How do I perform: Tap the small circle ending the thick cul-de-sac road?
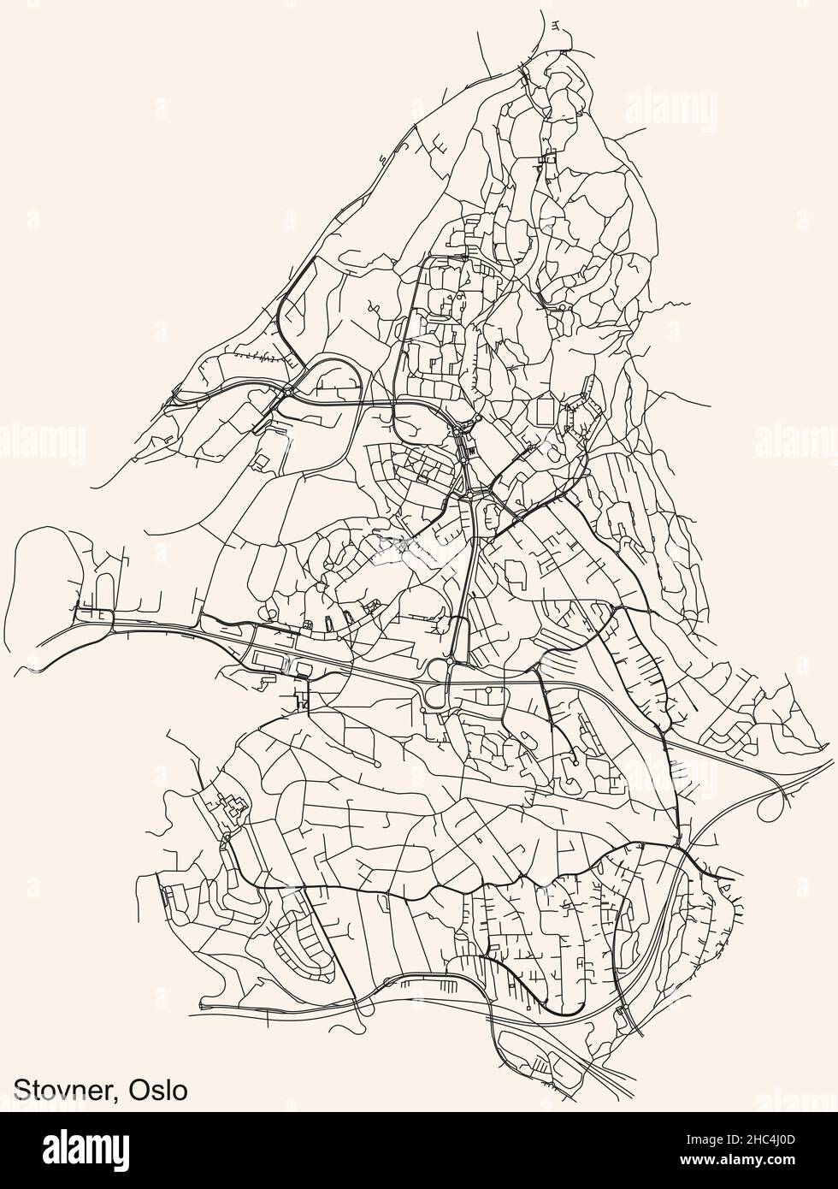(576, 760)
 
